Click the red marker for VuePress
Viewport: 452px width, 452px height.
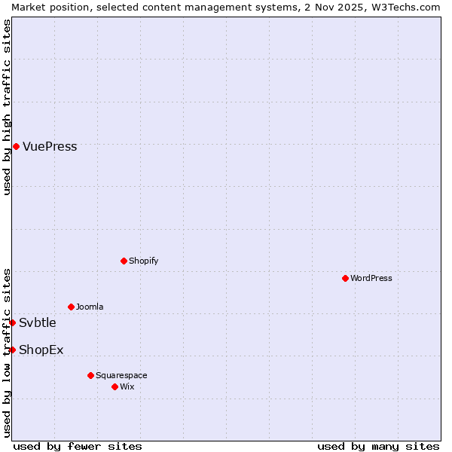pyautogui.click(x=16, y=146)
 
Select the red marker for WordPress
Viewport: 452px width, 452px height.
pyautogui.click(x=345, y=278)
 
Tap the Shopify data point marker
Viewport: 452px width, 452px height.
pyautogui.click(x=124, y=261)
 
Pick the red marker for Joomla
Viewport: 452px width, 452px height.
pyautogui.click(x=71, y=307)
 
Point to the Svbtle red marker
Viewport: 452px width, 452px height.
pyautogui.click(x=12, y=322)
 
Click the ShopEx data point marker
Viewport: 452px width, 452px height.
pyautogui.click(x=12, y=350)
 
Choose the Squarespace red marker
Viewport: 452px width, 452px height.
pyautogui.click(x=90, y=375)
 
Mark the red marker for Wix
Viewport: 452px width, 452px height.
pyautogui.click(x=115, y=386)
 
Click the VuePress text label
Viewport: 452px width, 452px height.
pyautogui.click(x=50, y=147)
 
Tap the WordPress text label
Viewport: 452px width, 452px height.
pyautogui.click(x=371, y=278)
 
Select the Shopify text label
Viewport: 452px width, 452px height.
pyautogui.click(x=143, y=261)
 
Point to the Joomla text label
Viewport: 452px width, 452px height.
pyautogui.click(x=90, y=307)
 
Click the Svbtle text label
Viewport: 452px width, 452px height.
pyautogui.click(x=38, y=323)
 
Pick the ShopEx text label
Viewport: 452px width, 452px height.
pyautogui.click(x=41, y=350)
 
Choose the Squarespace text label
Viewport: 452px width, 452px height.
pyautogui.click(x=121, y=375)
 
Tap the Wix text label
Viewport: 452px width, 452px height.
pyautogui.click(x=127, y=386)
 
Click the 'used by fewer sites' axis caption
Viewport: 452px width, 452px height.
pyautogui.click(x=78, y=446)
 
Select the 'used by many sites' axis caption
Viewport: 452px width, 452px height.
pyautogui.click(x=378, y=446)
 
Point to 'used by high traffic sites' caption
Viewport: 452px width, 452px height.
pyautogui.click(x=7, y=107)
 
